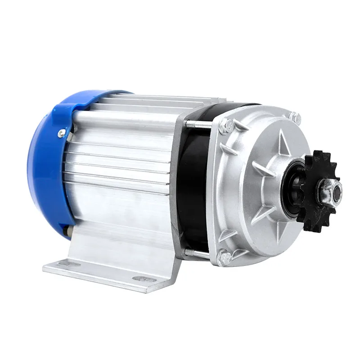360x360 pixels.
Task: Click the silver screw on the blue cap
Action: click(62, 133)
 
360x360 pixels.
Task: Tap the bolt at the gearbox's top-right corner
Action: click(295, 118)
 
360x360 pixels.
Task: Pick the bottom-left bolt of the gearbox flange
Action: click(224, 258)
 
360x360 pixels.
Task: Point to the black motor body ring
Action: click(191, 189)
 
